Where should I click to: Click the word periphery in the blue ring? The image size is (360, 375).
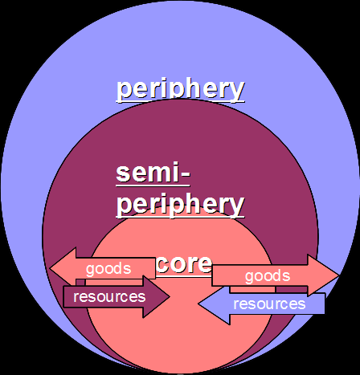[180, 88]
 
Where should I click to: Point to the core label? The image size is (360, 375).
[184, 263]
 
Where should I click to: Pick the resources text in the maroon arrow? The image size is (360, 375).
[109, 296]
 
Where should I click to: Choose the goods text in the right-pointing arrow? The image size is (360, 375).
[267, 275]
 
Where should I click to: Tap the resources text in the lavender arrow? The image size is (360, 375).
[269, 304]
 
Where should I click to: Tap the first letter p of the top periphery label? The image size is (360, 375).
[124, 90]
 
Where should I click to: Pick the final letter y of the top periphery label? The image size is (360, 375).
[236, 90]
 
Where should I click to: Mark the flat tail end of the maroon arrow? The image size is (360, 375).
[65, 296]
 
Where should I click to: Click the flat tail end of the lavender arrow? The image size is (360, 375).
[323, 304]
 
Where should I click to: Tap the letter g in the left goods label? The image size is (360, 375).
[90, 270]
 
